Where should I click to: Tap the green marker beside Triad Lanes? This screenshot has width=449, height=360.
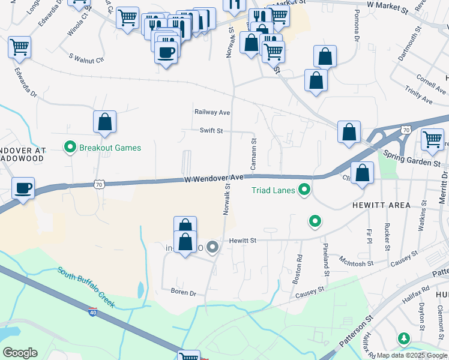click(x=304, y=191)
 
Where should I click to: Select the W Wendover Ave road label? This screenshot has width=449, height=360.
click(x=214, y=178)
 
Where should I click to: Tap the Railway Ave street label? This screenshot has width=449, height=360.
click(x=212, y=112)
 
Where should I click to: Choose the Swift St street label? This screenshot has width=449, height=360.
click(x=211, y=130)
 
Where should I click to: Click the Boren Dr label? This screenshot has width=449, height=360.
click(x=184, y=293)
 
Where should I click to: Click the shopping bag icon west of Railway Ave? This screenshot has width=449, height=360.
click(x=104, y=122)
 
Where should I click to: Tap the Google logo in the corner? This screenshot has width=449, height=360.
click(x=20, y=353)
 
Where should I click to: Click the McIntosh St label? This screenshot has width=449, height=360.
click(x=357, y=263)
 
